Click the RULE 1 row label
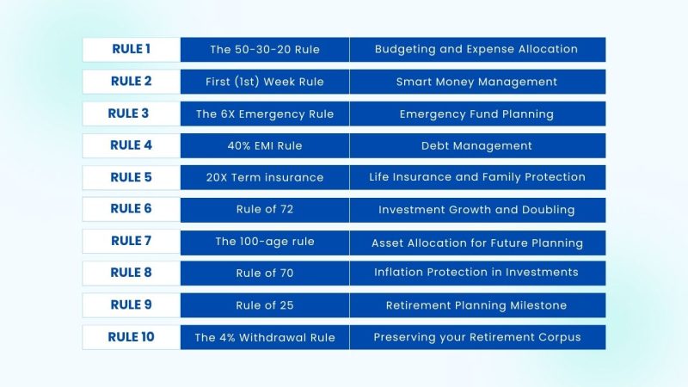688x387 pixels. pyautogui.click(x=131, y=49)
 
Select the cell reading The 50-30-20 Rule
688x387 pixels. pyautogui.click(x=265, y=49)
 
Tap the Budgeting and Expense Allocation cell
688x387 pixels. pyautogui.click(x=476, y=49)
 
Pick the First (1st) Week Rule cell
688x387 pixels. pyautogui.click(x=265, y=82)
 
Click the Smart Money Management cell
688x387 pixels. pyautogui.click(x=476, y=82)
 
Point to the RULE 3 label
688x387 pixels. pyautogui.click(x=131, y=114)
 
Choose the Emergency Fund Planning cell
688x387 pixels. pyautogui.click(x=476, y=114)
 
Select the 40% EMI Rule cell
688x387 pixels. pyautogui.click(x=265, y=145)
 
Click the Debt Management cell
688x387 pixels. pyautogui.click(x=476, y=145)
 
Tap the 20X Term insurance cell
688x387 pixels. pyautogui.click(x=265, y=177)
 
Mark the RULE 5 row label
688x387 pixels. pyautogui.click(x=131, y=177)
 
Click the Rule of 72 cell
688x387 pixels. pyautogui.click(x=265, y=209)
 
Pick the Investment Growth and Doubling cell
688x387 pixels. pyautogui.click(x=476, y=209)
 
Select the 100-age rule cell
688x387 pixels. pyautogui.click(x=265, y=242)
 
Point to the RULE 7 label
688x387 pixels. pyautogui.click(x=131, y=242)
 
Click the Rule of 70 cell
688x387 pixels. pyautogui.click(x=265, y=273)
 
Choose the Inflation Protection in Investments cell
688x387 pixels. pyautogui.click(x=476, y=273)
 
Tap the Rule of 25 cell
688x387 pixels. pyautogui.click(x=265, y=305)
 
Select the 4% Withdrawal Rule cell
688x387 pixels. pyautogui.click(x=265, y=337)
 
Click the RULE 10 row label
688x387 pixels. pyautogui.click(x=131, y=337)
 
